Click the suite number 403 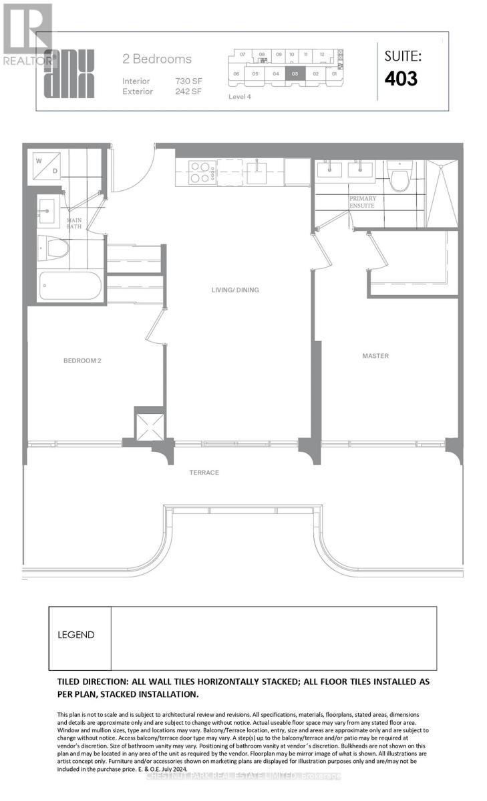pyautogui.click(x=401, y=78)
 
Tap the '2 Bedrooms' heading pyautogui.click(x=157, y=59)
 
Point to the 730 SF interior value pyautogui.click(x=189, y=81)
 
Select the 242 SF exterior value pyautogui.click(x=189, y=91)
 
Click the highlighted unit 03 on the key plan pyautogui.click(x=295, y=74)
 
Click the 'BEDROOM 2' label pyautogui.click(x=82, y=361)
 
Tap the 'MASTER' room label pyautogui.click(x=375, y=356)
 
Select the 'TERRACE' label pyautogui.click(x=204, y=473)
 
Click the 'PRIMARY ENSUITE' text pyautogui.click(x=361, y=202)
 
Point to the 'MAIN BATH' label pyautogui.click(x=73, y=224)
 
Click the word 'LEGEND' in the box pyautogui.click(x=75, y=635)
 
